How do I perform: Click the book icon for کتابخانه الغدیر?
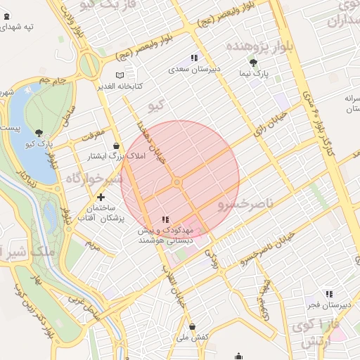(120, 75)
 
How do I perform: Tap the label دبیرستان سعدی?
(195, 70)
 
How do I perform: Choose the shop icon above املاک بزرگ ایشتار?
(115, 146)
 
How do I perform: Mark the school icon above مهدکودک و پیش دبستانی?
(165, 219)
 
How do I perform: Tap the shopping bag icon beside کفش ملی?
(192, 327)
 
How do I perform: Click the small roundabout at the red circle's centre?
(178, 182)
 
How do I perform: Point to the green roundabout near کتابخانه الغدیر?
(89, 65)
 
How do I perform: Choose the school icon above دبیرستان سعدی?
(193, 58)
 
